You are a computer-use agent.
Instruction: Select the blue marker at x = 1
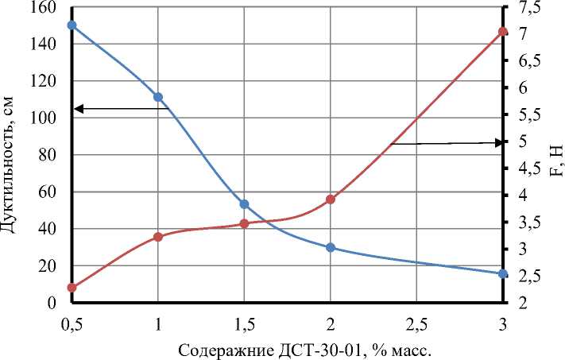point(158,97)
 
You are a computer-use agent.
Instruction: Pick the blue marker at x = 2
point(331,247)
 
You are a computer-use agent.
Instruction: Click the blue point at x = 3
point(503,274)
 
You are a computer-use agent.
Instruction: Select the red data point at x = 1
point(158,237)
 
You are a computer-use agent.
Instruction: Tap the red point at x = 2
point(331,199)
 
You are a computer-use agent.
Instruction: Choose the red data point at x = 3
point(503,32)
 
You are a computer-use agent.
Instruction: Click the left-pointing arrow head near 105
point(78,108)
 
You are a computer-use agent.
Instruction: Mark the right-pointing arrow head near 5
point(498,142)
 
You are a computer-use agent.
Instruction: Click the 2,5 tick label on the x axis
point(416,323)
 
